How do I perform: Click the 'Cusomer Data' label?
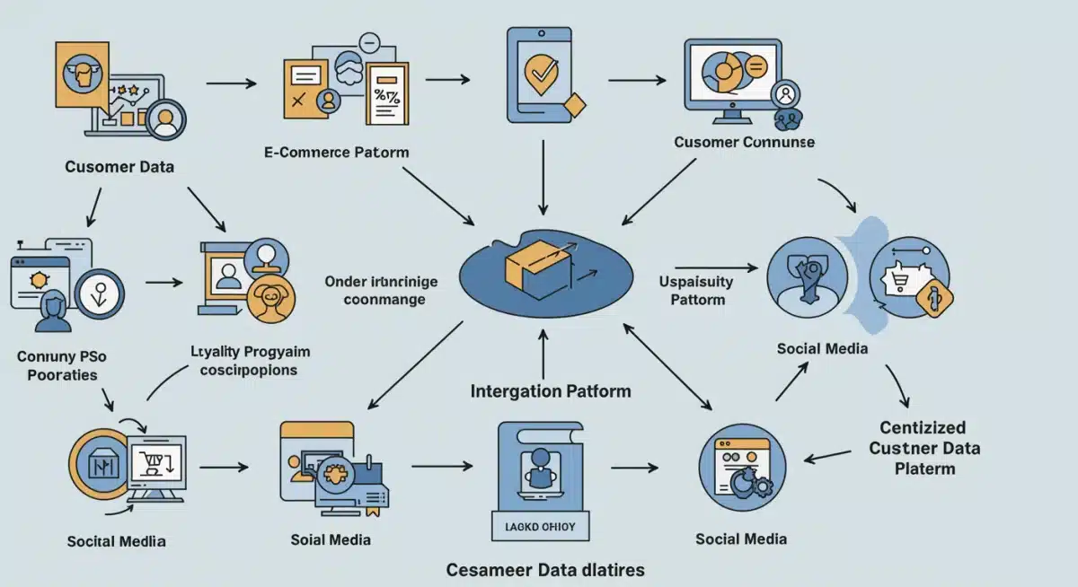click(x=119, y=167)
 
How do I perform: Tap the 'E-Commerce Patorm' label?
click(x=337, y=152)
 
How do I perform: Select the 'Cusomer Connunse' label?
click(x=745, y=143)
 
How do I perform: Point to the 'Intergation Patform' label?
click(x=551, y=391)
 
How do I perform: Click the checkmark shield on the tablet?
click(x=540, y=75)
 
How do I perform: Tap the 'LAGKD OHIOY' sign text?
click(x=539, y=526)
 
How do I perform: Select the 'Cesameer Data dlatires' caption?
click(x=545, y=570)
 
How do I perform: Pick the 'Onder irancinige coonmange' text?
click(x=382, y=290)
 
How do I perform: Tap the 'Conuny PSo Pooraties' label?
click(x=57, y=365)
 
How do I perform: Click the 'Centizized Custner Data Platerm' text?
click(x=924, y=448)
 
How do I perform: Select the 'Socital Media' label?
click(x=116, y=542)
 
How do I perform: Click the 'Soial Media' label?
click(x=331, y=539)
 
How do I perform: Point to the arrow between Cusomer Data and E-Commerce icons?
click(x=231, y=83)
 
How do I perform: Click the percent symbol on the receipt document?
click(x=388, y=94)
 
